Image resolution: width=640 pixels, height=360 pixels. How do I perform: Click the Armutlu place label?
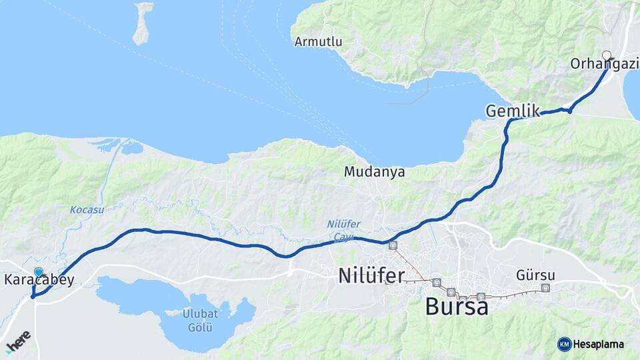click(318, 42)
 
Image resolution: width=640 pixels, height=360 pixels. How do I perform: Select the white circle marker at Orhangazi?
click(607, 55)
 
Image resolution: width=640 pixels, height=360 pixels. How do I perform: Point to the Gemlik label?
click(512, 111)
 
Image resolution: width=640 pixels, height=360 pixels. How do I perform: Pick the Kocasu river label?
click(87, 209)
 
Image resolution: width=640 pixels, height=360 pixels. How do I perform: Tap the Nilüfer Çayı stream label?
click(344, 229)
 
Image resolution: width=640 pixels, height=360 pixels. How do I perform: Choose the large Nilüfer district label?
click(371, 275)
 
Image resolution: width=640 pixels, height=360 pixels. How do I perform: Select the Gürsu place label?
click(535, 275)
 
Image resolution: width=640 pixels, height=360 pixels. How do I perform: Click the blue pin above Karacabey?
click(39, 272)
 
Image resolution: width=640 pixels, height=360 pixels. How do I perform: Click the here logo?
click(17, 340)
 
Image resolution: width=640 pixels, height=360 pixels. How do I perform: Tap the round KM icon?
click(564, 344)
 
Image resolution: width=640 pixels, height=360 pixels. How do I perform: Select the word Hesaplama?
click(598, 344)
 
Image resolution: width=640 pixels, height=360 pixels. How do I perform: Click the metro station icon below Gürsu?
click(546, 288)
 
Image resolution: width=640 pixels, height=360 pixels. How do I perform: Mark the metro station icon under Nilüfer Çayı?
click(393, 245)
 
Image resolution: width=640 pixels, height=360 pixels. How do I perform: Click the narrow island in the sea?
click(142, 23)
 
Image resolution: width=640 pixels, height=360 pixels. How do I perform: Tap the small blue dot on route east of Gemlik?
click(570, 110)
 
